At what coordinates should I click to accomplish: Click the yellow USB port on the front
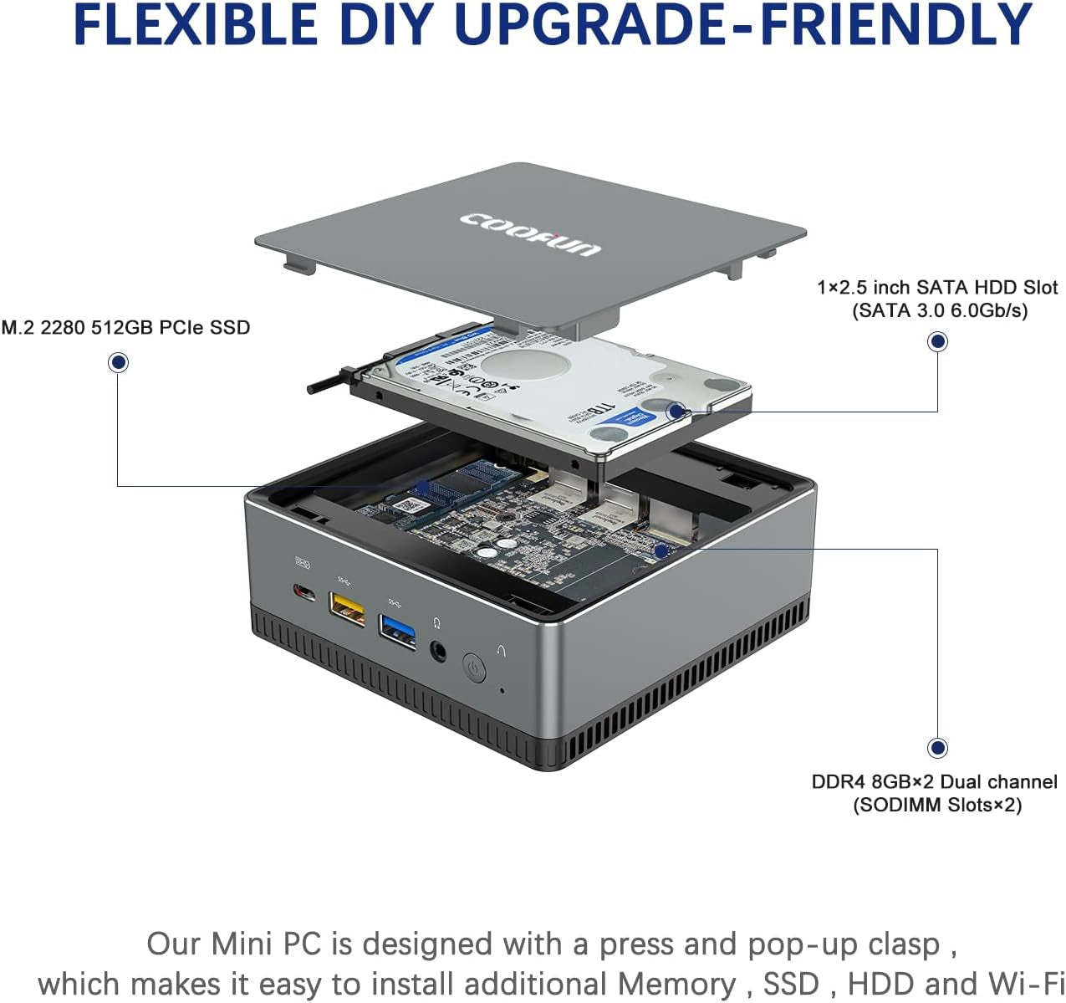point(348,607)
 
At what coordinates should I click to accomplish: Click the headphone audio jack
point(438,649)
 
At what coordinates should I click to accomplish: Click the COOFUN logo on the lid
point(530,233)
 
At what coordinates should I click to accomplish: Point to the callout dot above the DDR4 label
point(937,747)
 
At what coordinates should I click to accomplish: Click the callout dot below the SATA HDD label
point(937,341)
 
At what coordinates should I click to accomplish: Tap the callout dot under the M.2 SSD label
point(118,362)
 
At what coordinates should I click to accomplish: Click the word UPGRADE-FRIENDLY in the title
point(742,25)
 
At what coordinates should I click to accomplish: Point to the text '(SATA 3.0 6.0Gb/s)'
point(940,311)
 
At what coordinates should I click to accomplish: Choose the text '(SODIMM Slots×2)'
point(937,806)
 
